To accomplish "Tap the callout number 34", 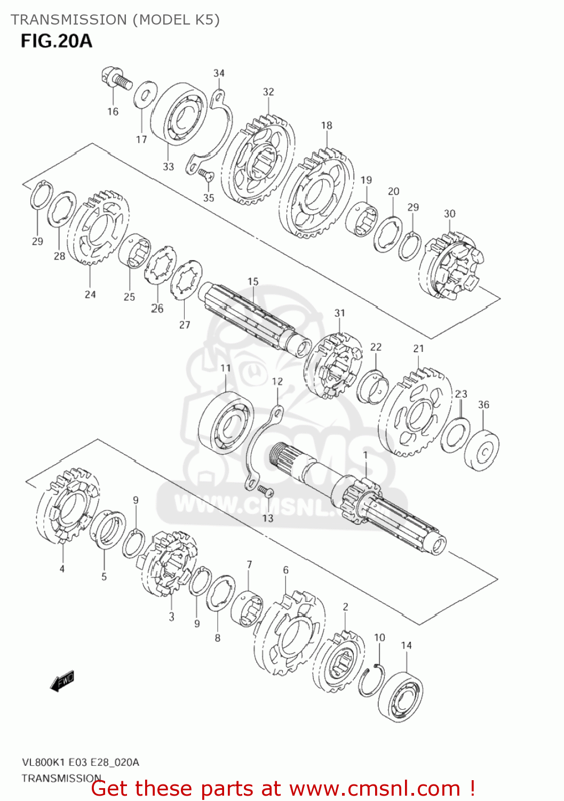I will click(x=219, y=73).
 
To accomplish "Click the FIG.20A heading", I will click(x=57, y=41).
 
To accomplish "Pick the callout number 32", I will click(x=268, y=92).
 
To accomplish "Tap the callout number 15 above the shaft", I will click(x=253, y=281).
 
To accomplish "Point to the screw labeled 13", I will click(x=265, y=490).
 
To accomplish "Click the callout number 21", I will click(x=418, y=348).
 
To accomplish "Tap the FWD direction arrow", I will click(x=62, y=681).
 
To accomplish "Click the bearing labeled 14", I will click(x=400, y=697).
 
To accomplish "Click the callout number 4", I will click(x=62, y=569).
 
